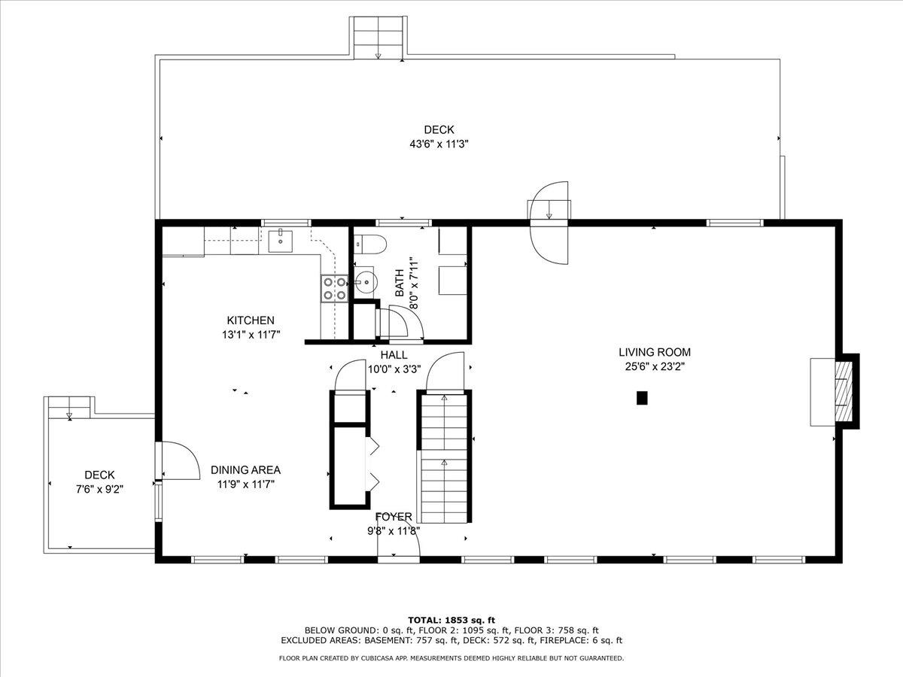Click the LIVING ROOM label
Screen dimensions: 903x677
(655, 352)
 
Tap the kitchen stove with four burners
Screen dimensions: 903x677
(334, 289)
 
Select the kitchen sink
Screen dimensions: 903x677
(281, 241)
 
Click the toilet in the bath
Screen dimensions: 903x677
(370, 244)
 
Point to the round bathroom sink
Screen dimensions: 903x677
(366, 282)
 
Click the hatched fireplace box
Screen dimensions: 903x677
(844, 391)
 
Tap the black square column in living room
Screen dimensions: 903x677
(642, 398)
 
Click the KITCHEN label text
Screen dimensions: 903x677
(251, 320)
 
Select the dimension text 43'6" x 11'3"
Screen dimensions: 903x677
(439, 144)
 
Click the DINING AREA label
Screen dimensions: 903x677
(245, 470)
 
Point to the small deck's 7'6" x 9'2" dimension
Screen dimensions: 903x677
(99, 489)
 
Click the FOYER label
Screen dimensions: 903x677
(394, 517)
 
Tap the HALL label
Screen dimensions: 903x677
(394, 355)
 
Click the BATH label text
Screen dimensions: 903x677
(400, 283)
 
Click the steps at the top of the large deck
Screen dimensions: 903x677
(378, 38)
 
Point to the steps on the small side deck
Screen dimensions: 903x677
(69, 408)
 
